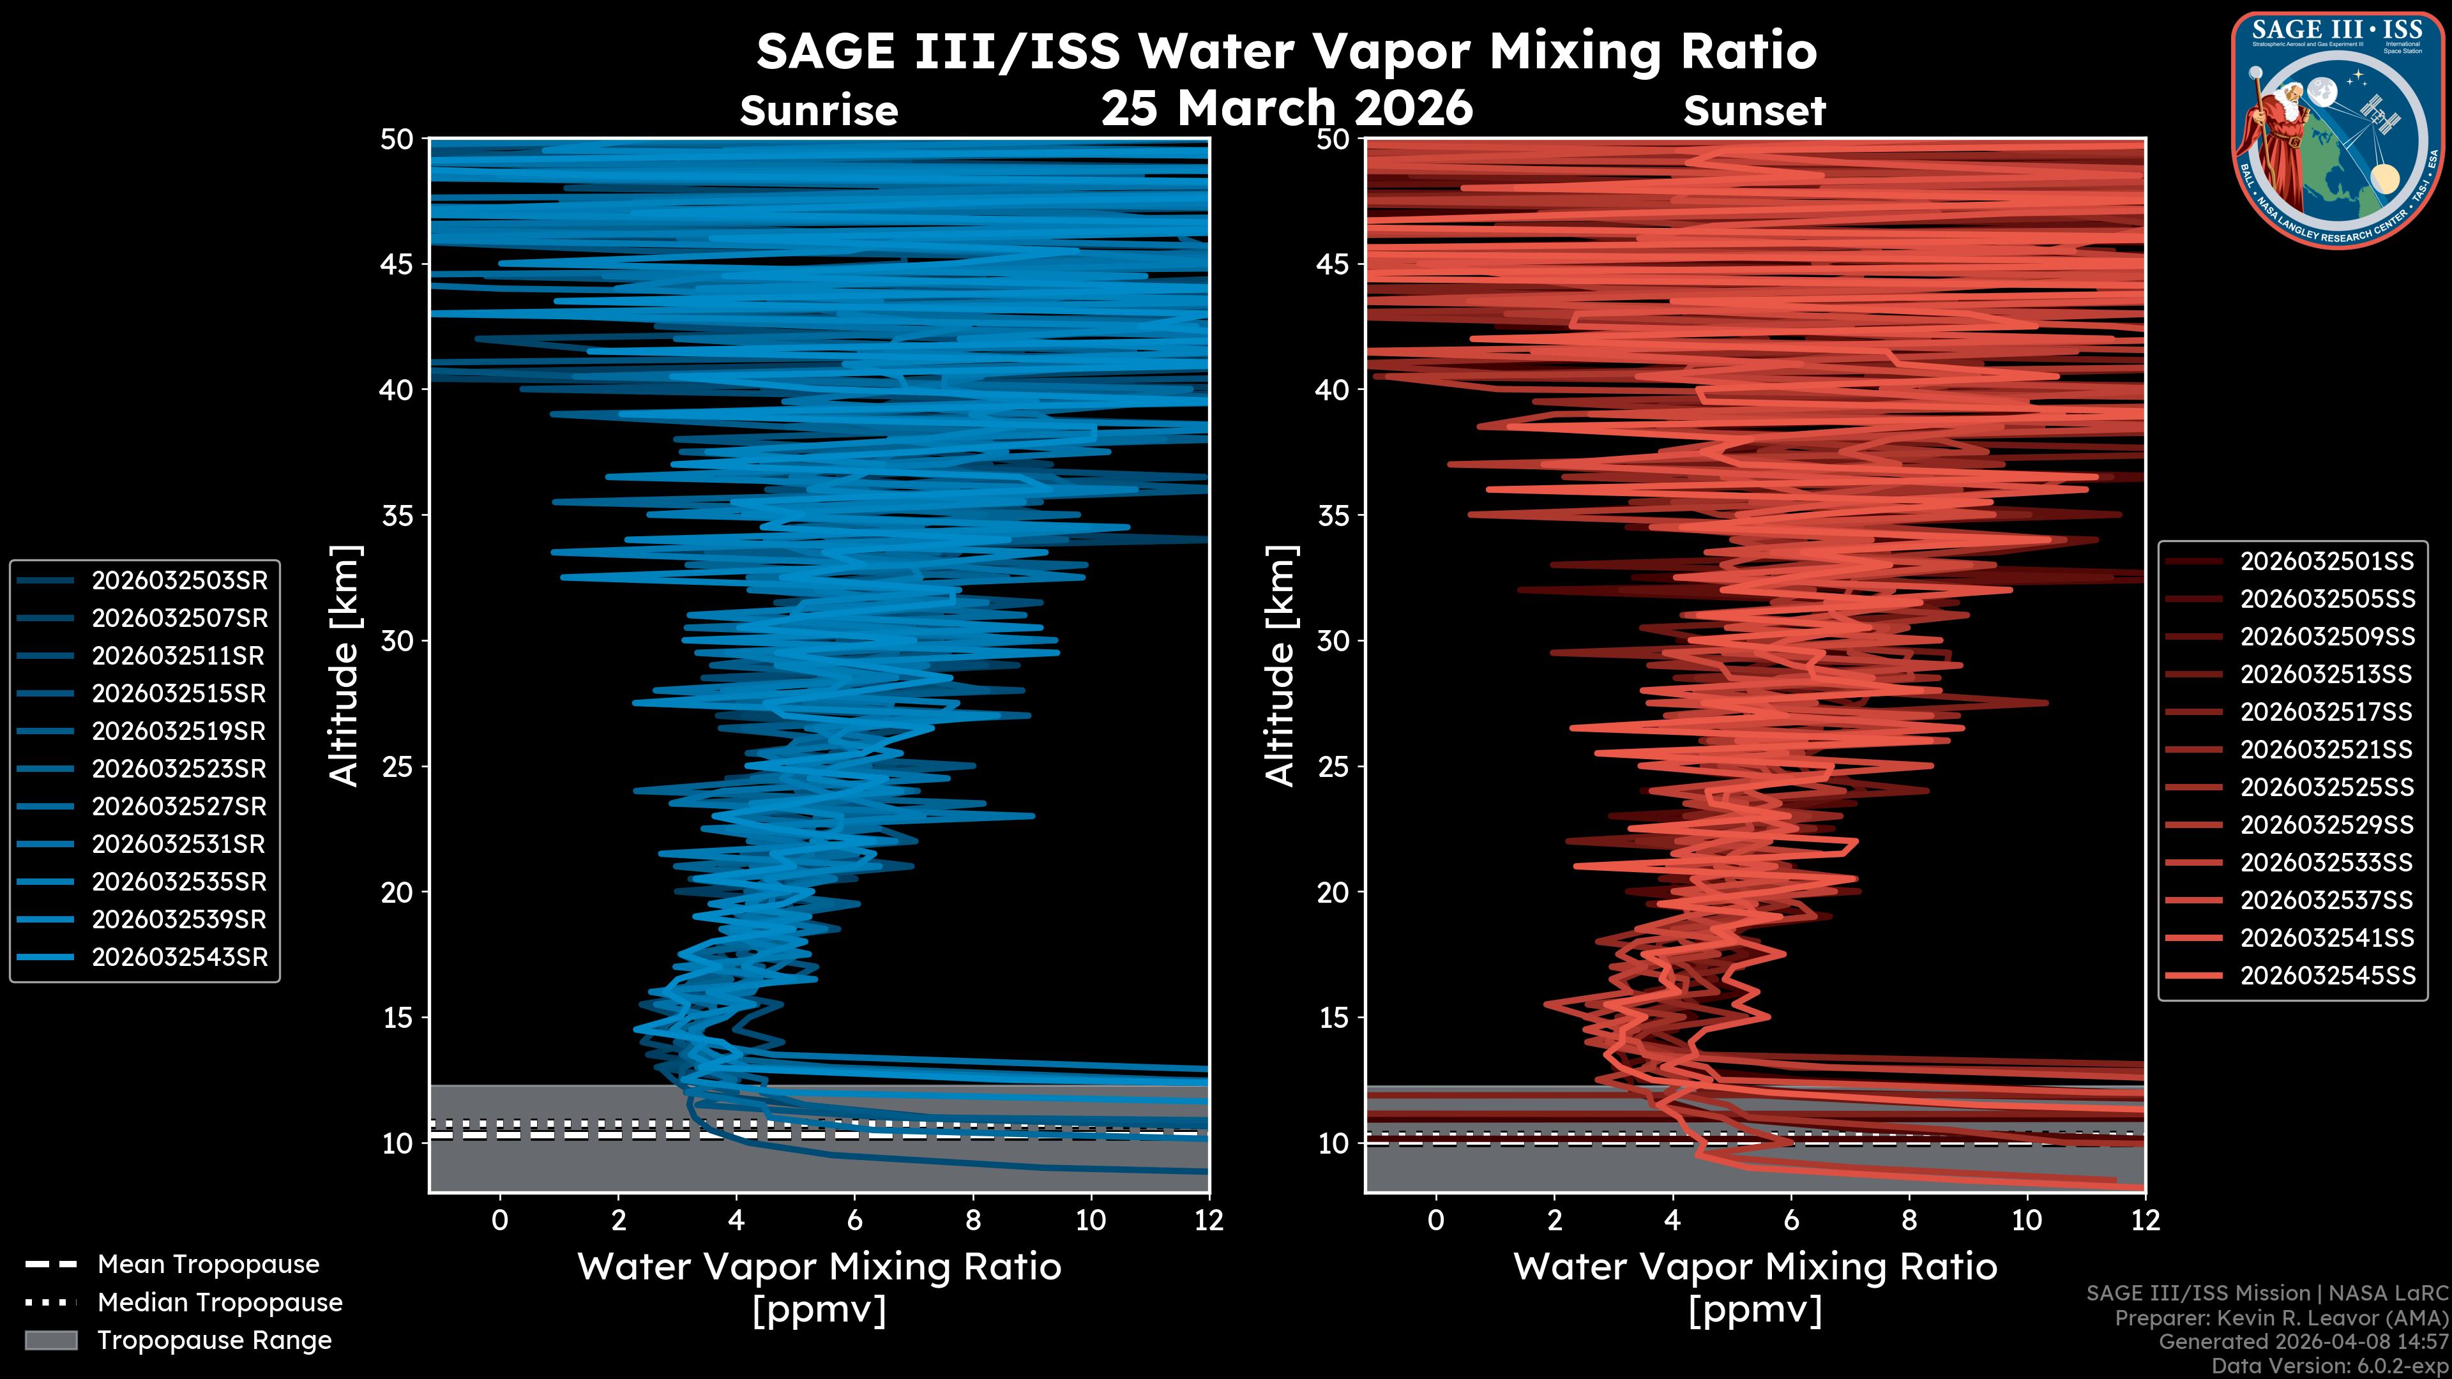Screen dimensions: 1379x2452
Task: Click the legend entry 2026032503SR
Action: point(179,580)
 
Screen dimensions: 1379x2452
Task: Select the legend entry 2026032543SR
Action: point(179,958)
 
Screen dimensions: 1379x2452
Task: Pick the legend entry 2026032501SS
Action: point(2326,562)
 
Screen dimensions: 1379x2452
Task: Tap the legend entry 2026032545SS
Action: point(2326,976)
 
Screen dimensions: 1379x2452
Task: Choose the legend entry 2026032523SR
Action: point(179,769)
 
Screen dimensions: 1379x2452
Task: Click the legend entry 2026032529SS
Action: point(2326,825)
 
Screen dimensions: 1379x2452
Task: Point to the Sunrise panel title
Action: point(819,111)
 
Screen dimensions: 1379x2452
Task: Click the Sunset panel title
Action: point(1754,111)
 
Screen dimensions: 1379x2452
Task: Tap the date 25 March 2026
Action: point(1287,107)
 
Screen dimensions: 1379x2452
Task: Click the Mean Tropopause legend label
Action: point(208,1265)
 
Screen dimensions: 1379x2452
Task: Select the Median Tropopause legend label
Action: point(220,1303)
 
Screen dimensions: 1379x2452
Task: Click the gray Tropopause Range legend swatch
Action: point(51,1340)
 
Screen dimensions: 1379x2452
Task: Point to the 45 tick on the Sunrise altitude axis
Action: point(397,264)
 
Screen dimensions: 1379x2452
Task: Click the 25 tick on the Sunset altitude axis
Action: point(1333,767)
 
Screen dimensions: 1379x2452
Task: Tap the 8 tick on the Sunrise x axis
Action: point(972,1220)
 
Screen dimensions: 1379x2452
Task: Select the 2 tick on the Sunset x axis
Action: point(1554,1220)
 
